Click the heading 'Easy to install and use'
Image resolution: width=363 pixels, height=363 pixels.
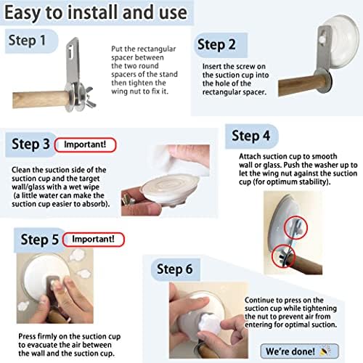pyautogui.click(x=96, y=12)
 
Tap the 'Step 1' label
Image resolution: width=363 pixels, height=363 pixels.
pyautogui.click(x=27, y=40)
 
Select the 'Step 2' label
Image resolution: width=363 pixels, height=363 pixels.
pyautogui.click(x=216, y=45)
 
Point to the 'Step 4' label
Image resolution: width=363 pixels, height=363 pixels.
pyautogui.click(x=250, y=136)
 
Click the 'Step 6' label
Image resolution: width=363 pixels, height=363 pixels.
pyautogui.click(x=174, y=269)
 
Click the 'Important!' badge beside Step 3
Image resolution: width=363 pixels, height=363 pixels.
pyautogui.click(x=85, y=144)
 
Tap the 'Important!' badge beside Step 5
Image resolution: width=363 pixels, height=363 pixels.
pyautogui.click(x=93, y=240)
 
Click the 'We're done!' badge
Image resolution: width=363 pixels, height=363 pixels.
pyautogui.click(x=299, y=351)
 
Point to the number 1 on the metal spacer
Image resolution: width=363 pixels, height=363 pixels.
pyautogui.click(x=70, y=53)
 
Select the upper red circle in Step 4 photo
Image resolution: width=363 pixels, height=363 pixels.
pyautogui.click(x=295, y=227)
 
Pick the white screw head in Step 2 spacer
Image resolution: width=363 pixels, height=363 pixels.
pyautogui.click(x=322, y=38)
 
